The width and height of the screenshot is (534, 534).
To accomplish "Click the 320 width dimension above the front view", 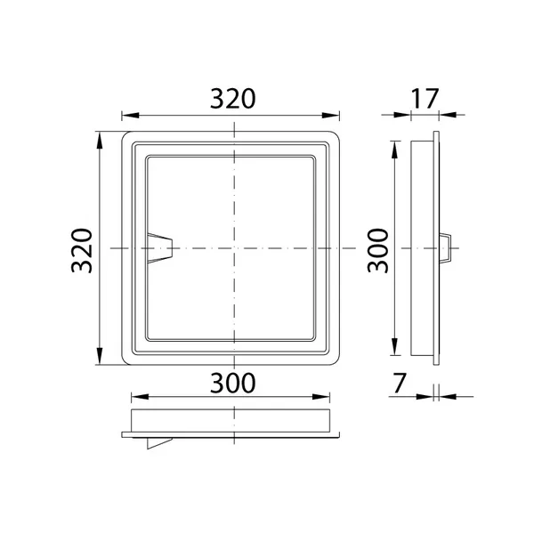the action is [232, 99].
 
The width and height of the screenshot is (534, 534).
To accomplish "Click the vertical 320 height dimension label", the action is [82, 251].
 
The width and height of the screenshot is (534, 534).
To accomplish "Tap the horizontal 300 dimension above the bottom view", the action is [232, 383].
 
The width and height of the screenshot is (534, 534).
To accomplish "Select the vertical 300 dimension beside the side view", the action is [378, 251].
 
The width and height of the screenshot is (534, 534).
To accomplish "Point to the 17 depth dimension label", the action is [425, 99].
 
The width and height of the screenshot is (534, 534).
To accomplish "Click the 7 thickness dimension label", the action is [400, 383].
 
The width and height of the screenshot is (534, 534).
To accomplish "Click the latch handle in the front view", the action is [159, 248].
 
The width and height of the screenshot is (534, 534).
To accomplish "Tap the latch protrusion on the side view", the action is [445, 248].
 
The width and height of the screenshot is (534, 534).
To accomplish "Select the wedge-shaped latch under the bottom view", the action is [159, 443].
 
